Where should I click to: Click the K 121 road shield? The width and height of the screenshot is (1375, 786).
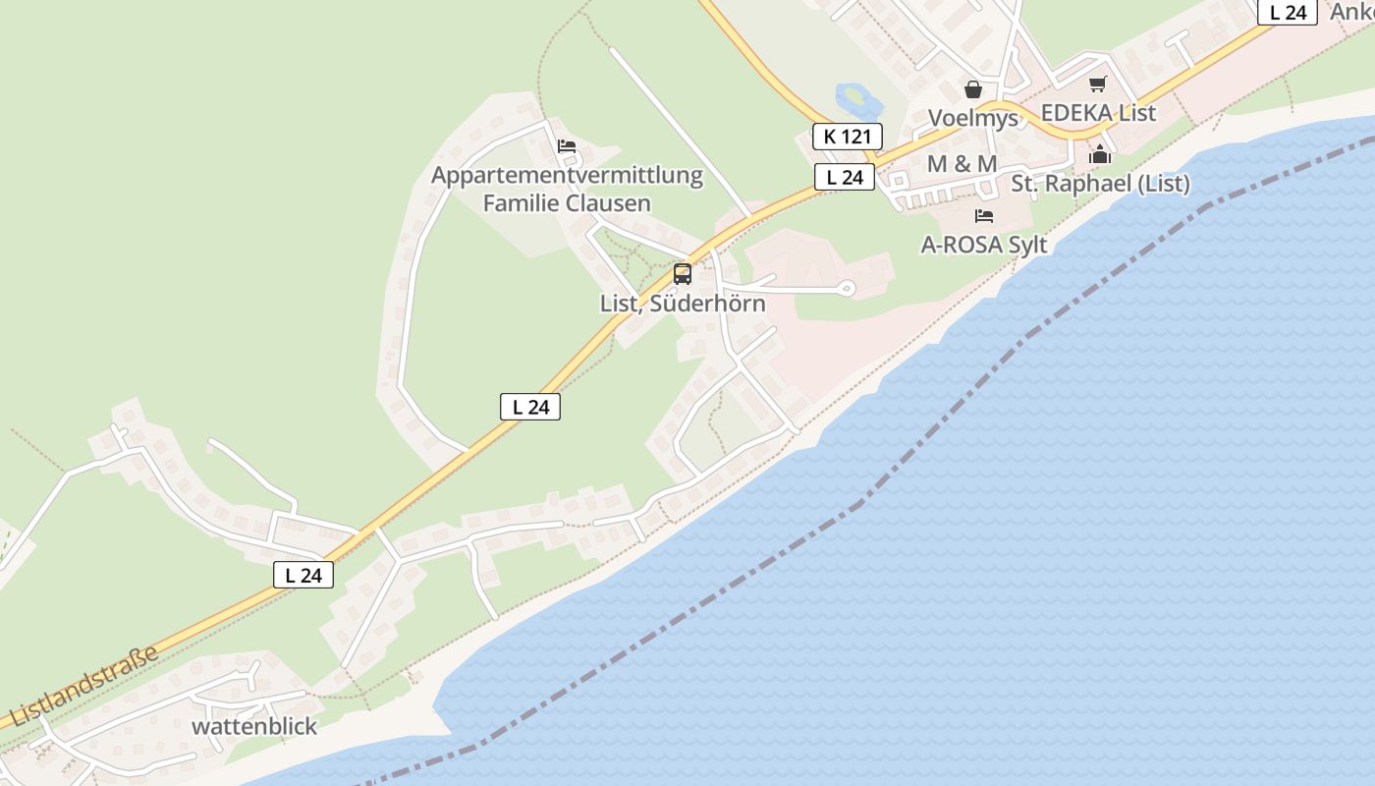pos(847,137)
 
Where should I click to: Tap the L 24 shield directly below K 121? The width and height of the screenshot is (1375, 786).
pos(844,177)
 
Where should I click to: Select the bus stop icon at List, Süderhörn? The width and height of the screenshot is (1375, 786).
pos(683,274)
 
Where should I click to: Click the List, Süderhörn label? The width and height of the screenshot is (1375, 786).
pos(683,304)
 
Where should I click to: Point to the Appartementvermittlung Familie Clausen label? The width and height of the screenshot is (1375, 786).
pos(567,190)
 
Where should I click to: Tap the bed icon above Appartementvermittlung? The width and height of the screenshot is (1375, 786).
pos(567,146)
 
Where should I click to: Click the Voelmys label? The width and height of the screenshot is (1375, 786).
pos(973,118)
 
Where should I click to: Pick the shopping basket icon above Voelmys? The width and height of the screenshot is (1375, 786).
pos(973,89)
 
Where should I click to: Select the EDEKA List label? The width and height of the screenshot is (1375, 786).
pos(1098,113)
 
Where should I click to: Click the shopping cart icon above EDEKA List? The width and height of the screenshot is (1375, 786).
pos(1097,84)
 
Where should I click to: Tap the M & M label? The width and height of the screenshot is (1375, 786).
pos(962,164)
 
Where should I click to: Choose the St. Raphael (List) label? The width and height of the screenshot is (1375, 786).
pos(1100,184)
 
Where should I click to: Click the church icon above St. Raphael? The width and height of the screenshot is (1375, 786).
pos(1100,154)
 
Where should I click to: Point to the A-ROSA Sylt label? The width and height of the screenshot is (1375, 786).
pos(984,245)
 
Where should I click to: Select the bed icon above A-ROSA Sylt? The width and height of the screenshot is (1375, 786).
pos(984,216)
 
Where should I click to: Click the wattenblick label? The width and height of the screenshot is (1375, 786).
pos(254,726)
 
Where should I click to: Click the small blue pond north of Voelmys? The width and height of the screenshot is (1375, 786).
pos(853,98)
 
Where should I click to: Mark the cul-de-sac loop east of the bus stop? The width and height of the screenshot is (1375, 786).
pos(847,288)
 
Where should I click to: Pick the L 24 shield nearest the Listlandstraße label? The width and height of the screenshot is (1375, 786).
pos(303,575)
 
